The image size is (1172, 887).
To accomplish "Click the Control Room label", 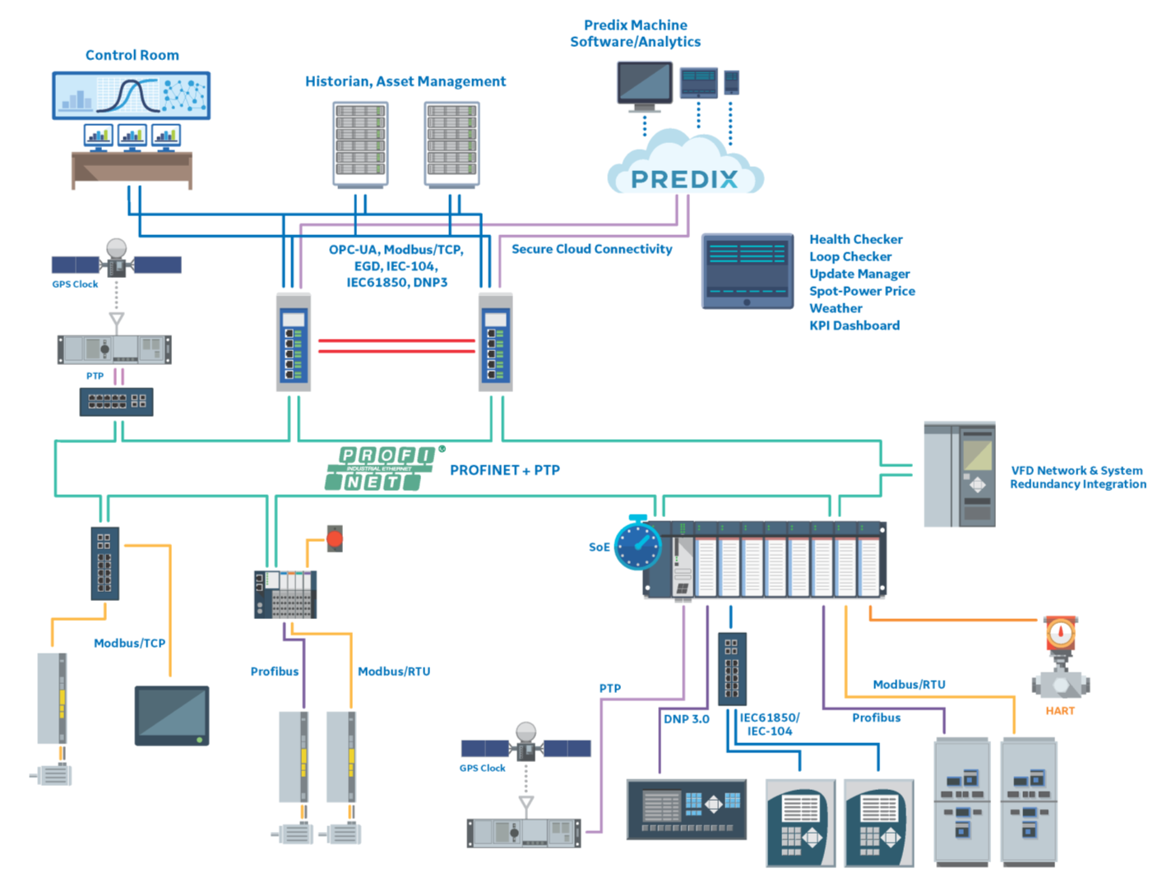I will tap(132, 55).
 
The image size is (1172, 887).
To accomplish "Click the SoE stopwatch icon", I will tap(637, 544).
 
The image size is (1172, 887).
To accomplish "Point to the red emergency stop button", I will tap(335, 538).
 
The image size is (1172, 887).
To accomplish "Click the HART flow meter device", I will tap(1060, 658).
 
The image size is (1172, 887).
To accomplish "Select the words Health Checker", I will tap(855, 239).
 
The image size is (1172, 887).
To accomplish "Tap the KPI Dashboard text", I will tap(854, 326).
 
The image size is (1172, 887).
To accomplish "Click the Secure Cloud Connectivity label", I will tap(591, 249).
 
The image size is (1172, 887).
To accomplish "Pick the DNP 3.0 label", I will tap(686, 718).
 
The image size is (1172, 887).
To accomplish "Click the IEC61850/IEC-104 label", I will tap(769, 724).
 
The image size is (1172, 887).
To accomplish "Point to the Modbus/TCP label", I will tap(129, 643).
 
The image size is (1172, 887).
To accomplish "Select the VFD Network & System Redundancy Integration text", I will tap(1077, 478).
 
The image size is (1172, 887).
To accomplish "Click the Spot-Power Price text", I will tap(861, 291).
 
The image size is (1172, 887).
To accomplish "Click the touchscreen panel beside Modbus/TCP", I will tap(172, 716).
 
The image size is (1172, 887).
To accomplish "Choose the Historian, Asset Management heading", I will tap(405, 81).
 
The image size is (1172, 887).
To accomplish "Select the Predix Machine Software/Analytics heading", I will tap(635, 34).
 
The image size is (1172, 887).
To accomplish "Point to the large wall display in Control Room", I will tap(131, 95).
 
